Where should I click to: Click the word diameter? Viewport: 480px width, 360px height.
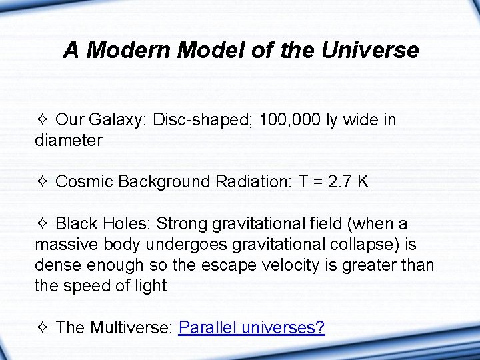tap(69, 140)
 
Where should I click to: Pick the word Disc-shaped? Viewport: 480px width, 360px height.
tap(204, 120)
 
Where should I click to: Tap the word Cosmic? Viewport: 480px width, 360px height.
tap(83, 181)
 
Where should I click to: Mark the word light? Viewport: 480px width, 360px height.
tap(150, 285)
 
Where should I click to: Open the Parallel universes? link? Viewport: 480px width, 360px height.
tap(251, 327)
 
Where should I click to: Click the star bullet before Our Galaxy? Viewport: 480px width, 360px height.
tap(43, 121)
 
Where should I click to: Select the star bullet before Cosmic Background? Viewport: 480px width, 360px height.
tap(43, 182)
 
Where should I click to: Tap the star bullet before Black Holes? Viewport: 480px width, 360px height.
tap(43, 224)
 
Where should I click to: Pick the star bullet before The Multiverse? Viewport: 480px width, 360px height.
tap(43, 328)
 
